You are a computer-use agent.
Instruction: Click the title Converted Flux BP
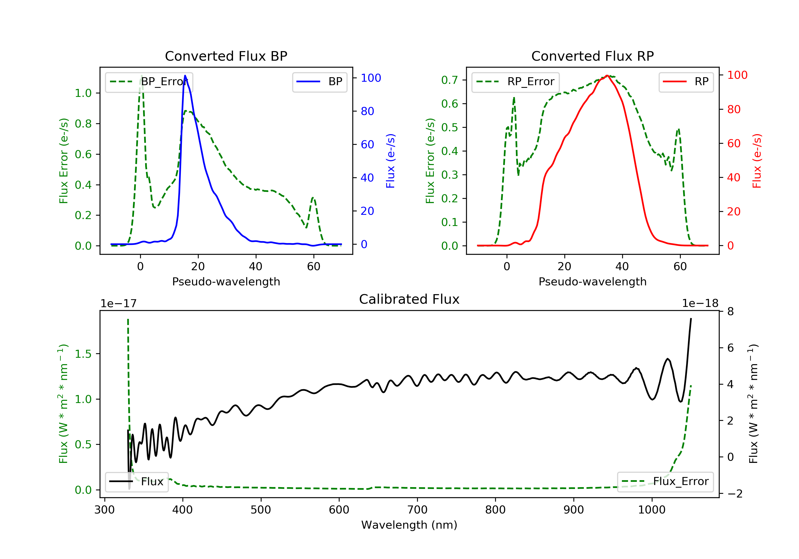point(226,56)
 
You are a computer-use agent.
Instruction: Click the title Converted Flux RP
point(592,56)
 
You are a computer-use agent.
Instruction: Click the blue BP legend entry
point(319,82)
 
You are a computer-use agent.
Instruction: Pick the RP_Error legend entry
point(515,82)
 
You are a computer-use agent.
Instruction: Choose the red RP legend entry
point(686,82)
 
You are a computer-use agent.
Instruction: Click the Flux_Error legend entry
point(665,482)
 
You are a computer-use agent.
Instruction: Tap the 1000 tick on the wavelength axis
point(651,510)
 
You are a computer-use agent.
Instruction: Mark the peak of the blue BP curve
point(185,76)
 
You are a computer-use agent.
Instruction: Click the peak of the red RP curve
point(607,76)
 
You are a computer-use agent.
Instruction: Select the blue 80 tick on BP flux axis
point(368,111)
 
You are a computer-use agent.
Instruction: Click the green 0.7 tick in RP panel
point(449,80)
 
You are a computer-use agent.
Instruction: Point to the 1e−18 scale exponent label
point(700,304)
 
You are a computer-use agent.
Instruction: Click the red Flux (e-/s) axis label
point(757,161)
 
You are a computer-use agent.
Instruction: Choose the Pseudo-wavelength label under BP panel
point(226,282)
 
